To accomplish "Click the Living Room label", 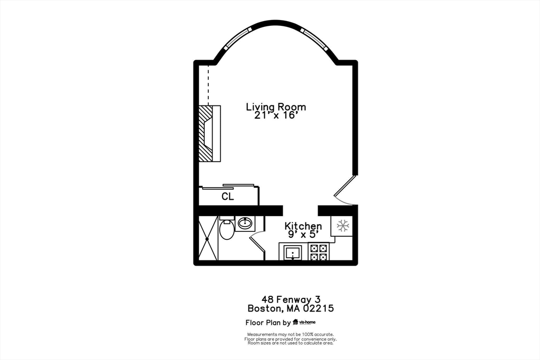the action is click(x=276, y=107).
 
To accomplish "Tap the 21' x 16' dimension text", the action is click(x=276, y=115).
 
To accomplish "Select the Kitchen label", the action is click(x=303, y=227).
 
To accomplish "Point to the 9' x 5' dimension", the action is click(x=303, y=235).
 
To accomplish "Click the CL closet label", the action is click(x=228, y=197).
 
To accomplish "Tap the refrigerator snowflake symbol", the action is click(x=343, y=226).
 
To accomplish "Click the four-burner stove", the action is click(x=319, y=252).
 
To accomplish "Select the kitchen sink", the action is click(x=292, y=253).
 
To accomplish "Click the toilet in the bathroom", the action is click(x=227, y=229).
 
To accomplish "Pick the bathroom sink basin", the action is click(x=245, y=224).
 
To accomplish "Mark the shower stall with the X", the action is click(x=208, y=238).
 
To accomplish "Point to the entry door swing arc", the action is click(x=344, y=202).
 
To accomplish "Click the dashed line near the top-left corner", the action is click(x=208, y=85).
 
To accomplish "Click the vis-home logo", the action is click(x=304, y=322).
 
